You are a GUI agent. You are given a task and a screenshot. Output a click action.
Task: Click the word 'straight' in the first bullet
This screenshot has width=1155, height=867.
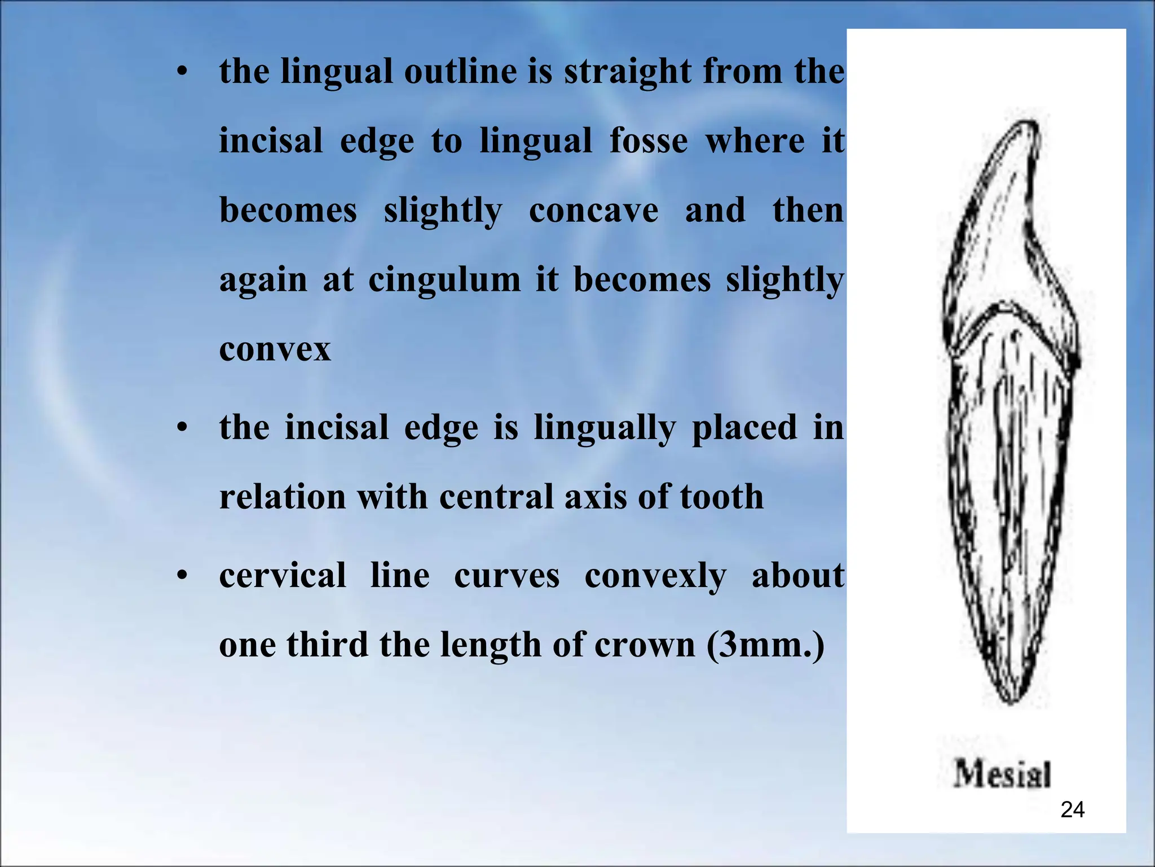(627, 73)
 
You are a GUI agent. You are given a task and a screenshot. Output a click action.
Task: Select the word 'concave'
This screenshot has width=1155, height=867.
(593, 211)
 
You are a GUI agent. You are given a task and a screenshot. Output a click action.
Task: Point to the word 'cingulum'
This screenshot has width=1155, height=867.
(444, 280)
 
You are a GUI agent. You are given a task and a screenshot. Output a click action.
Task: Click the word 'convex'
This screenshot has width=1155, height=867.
(275, 349)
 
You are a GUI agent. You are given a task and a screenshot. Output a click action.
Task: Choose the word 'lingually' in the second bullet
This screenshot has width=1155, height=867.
(605, 428)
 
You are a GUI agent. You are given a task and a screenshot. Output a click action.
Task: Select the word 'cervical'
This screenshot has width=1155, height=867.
(283, 576)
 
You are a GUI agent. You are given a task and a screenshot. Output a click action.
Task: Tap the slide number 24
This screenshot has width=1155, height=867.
(1072, 810)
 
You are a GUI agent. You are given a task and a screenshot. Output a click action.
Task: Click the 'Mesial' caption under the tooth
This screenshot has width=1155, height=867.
(1002, 773)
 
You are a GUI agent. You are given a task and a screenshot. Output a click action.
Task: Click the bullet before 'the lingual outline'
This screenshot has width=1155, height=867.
(181, 72)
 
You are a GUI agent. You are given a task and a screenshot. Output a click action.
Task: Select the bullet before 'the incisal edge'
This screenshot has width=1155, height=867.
(181, 428)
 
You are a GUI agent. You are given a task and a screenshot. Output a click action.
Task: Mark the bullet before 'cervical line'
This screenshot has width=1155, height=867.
(181, 576)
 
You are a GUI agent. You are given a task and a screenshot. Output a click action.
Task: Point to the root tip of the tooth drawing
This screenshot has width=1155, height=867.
(1009, 700)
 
